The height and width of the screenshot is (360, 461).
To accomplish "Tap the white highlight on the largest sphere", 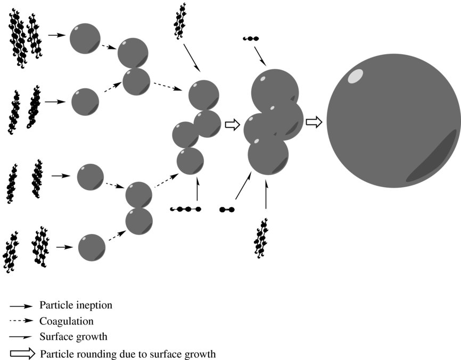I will click(354, 77).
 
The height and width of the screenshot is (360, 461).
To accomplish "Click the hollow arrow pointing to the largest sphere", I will click(314, 122).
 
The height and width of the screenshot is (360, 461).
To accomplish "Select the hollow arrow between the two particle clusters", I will click(233, 124).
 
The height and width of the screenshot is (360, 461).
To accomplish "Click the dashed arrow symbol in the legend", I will click(22, 321).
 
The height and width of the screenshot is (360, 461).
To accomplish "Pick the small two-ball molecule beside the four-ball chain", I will click(227, 210).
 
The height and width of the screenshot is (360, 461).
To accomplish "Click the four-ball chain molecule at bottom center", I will click(185, 210).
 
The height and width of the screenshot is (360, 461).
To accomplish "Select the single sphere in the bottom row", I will click(92, 248).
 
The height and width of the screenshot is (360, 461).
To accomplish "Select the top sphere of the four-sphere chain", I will click(203, 95).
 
